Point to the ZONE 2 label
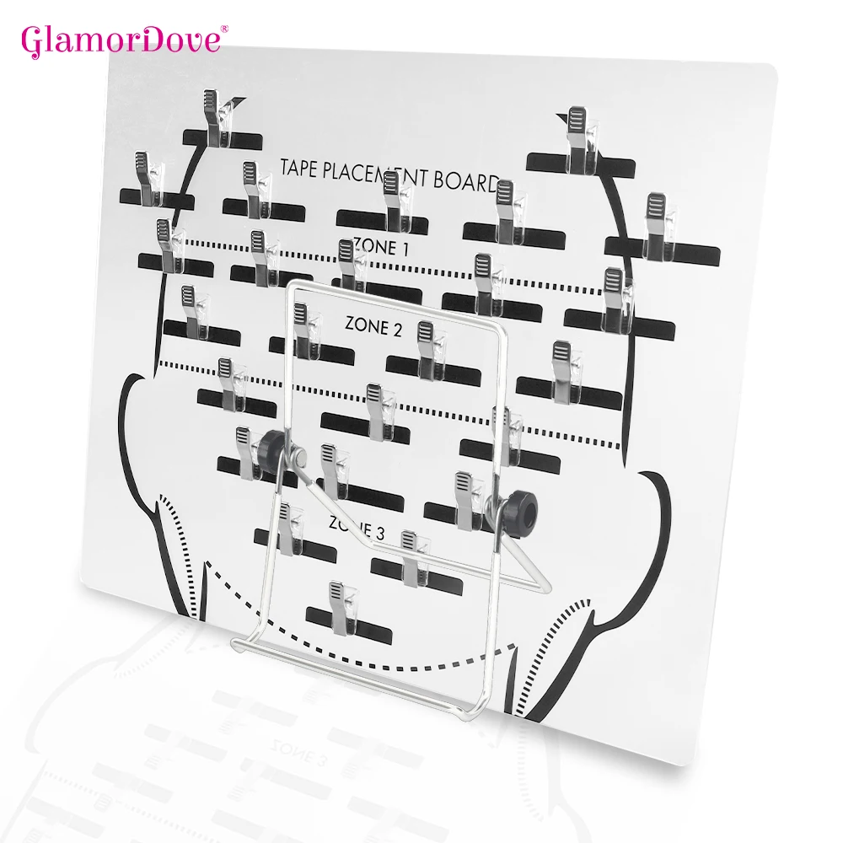coord(373,326)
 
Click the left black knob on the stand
coord(271,445)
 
